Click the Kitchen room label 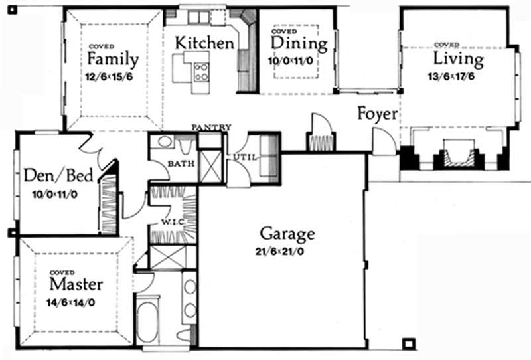204,43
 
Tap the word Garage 287,234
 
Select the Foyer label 378,114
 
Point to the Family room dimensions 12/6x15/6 109,77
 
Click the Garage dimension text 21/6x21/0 279,252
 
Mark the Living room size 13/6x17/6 451,76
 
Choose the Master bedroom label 76,284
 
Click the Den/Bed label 58,176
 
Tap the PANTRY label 211,128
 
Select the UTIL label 245,157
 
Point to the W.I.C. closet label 173,222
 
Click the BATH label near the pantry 181,164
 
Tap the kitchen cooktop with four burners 201,72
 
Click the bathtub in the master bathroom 147,321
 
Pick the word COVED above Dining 284,31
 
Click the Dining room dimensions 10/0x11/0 291,61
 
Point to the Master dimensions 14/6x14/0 71,303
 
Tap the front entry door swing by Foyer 384,141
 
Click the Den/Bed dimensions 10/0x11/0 55,195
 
